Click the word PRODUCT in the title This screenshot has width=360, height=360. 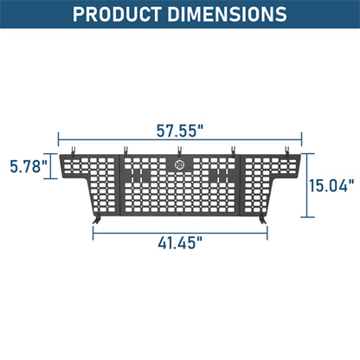click(x=120, y=15)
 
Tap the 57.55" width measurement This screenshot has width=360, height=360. click(x=179, y=132)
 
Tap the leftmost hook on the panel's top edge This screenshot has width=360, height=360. click(x=77, y=150)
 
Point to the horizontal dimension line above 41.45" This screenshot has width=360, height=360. click(x=179, y=232)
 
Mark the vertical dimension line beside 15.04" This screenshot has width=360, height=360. click(x=305, y=183)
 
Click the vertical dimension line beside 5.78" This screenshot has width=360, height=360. click(x=51, y=164)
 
